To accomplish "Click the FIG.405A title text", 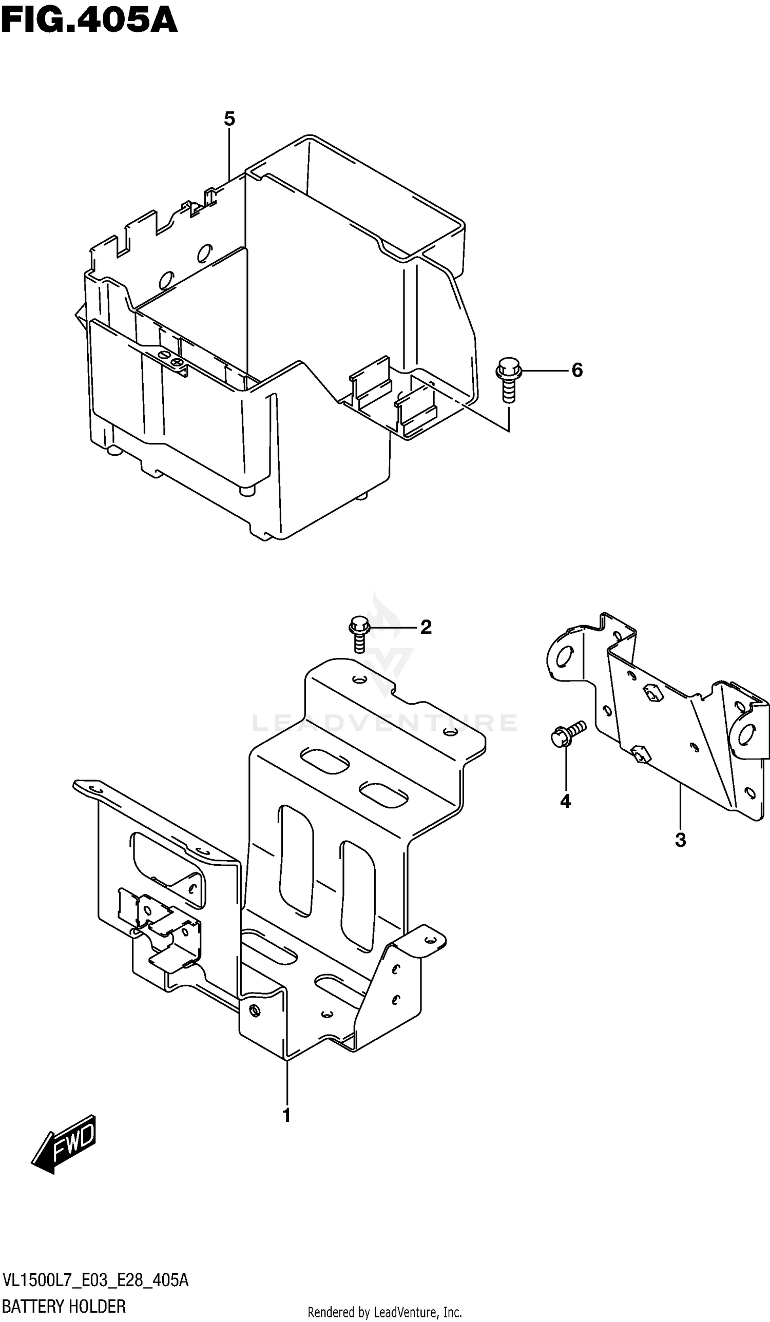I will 89,21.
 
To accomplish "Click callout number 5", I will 229,119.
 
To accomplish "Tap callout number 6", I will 576,371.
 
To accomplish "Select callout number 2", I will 426,627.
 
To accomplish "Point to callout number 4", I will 565,801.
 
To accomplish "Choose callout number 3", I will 680,840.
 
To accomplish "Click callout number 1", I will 286,1115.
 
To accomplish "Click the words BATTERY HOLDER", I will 64,1306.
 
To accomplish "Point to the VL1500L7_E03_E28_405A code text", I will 95,1280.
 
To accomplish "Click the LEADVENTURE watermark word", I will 384,723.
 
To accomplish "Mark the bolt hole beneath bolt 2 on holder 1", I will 359,681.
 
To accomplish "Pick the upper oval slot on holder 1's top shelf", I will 325,760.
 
